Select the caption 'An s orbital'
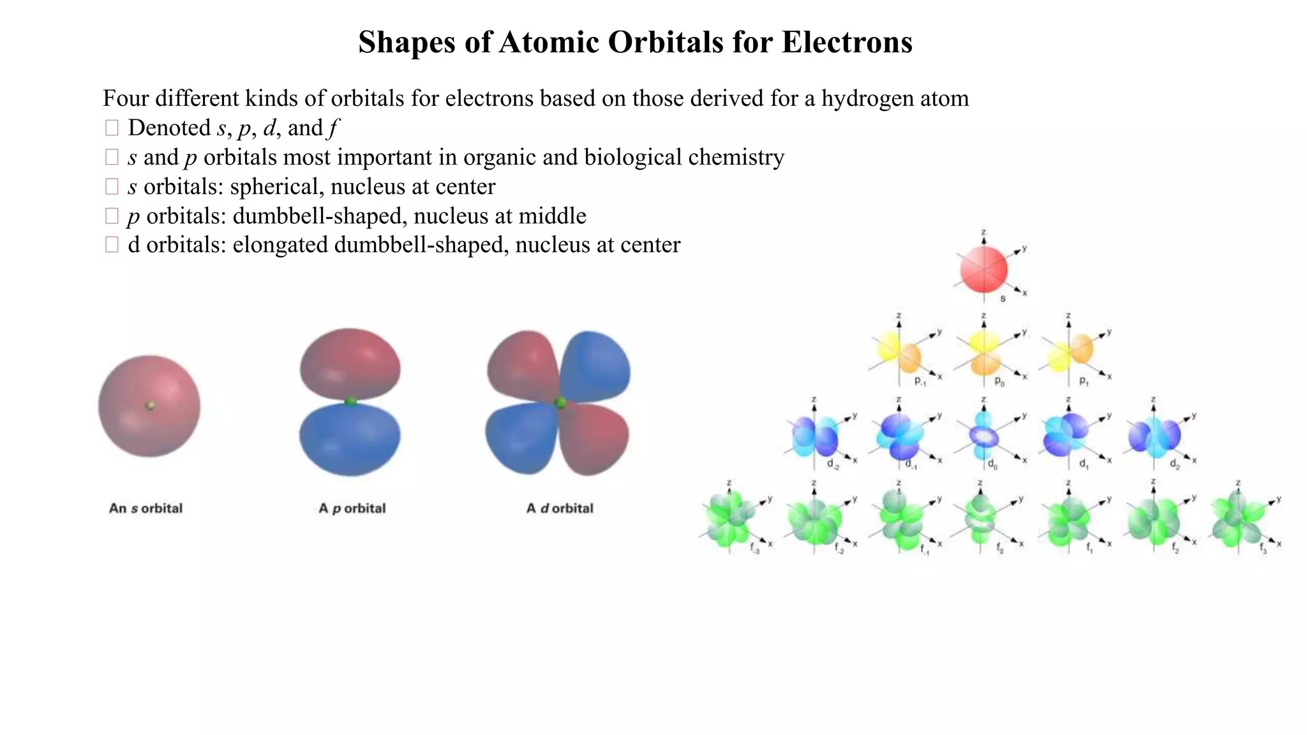(x=146, y=509)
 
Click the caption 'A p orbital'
(x=352, y=509)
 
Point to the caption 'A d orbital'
(x=560, y=509)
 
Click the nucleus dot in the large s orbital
(x=151, y=405)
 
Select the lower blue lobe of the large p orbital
(x=350, y=440)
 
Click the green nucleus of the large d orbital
(x=560, y=403)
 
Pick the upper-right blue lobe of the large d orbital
(x=597, y=366)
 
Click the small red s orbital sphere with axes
(x=983, y=269)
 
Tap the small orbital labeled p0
(x=983, y=353)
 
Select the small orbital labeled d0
(x=983, y=436)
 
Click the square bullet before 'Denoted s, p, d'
(x=112, y=128)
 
